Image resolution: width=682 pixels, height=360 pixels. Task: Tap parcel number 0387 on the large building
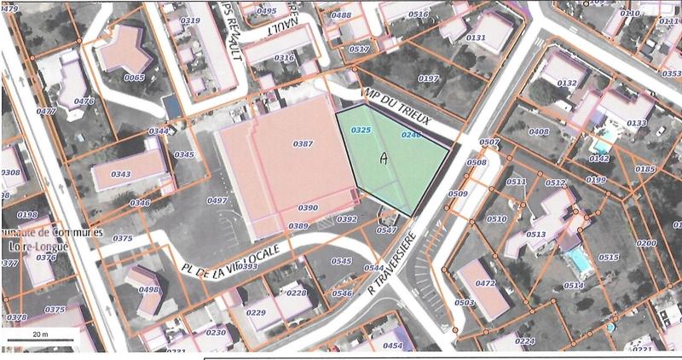click(x=303, y=144)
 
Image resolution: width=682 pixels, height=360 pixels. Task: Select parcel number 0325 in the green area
click(x=361, y=130)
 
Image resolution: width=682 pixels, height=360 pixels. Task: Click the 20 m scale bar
click(x=39, y=340)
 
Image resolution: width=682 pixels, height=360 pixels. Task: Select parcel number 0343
click(x=121, y=174)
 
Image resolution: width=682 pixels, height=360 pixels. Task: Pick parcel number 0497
click(x=217, y=200)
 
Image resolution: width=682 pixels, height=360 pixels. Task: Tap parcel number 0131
click(x=476, y=38)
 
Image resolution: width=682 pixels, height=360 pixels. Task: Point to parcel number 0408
click(x=539, y=131)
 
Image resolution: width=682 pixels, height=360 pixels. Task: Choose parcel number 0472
click(x=486, y=283)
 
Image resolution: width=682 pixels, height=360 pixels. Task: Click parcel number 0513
click(x=535, y=234)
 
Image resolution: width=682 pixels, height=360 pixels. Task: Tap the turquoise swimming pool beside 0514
click(x=579, y=259)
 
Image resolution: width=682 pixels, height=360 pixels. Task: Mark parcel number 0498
click(x=149, y=289)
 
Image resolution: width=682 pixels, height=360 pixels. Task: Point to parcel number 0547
click(x=386, y=229)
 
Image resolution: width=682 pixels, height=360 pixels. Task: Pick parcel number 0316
click(x=284, y=58)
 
